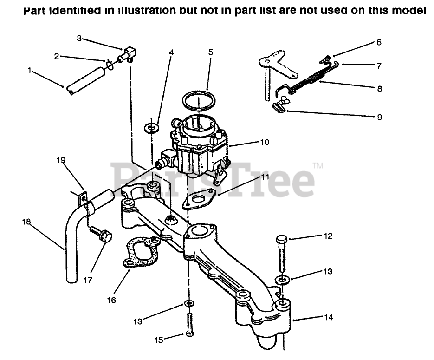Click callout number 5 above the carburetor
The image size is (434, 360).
(x=211, y=52)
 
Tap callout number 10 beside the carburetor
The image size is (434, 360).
(x=265, y=142)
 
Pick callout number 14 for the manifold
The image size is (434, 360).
(x=328, y=318)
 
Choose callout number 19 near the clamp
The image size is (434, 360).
(x=61, y=160)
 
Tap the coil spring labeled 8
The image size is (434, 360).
(x=309, y=79)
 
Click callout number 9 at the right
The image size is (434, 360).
(x=379, y=117)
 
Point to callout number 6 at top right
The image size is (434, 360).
(x=379, y=42)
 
